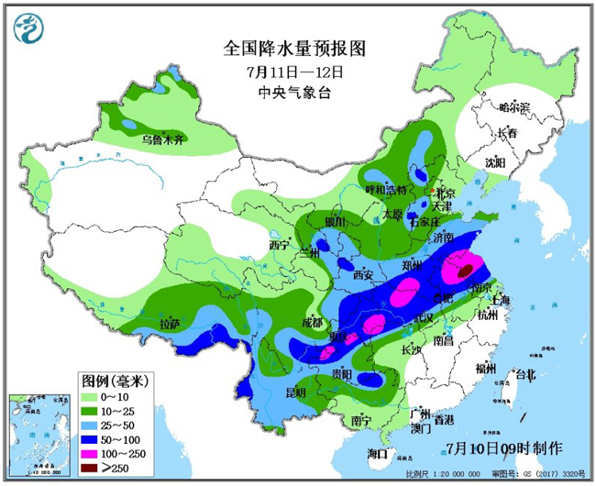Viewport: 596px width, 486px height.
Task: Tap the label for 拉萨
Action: pyautogui.click(x=170, y=324)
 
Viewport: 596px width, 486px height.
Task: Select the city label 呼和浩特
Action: pyautogui.click(x=385, y=190)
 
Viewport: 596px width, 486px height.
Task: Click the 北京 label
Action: pyautogui.click(x=445, y=193)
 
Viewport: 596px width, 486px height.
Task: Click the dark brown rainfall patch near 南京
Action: pyautogui.click(x=466, y=271)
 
